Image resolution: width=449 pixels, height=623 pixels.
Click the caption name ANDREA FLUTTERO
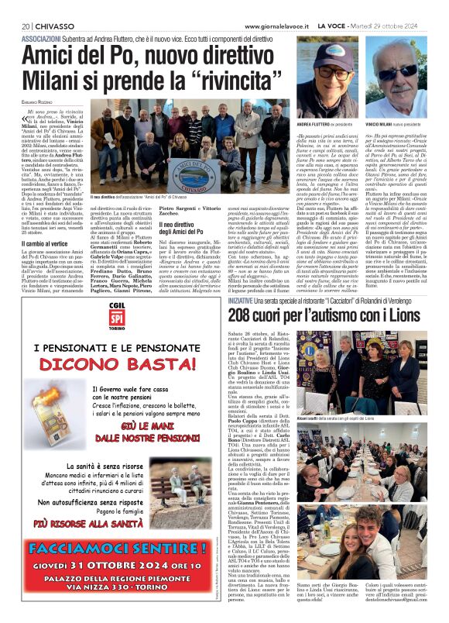click(x=314, y=123)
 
